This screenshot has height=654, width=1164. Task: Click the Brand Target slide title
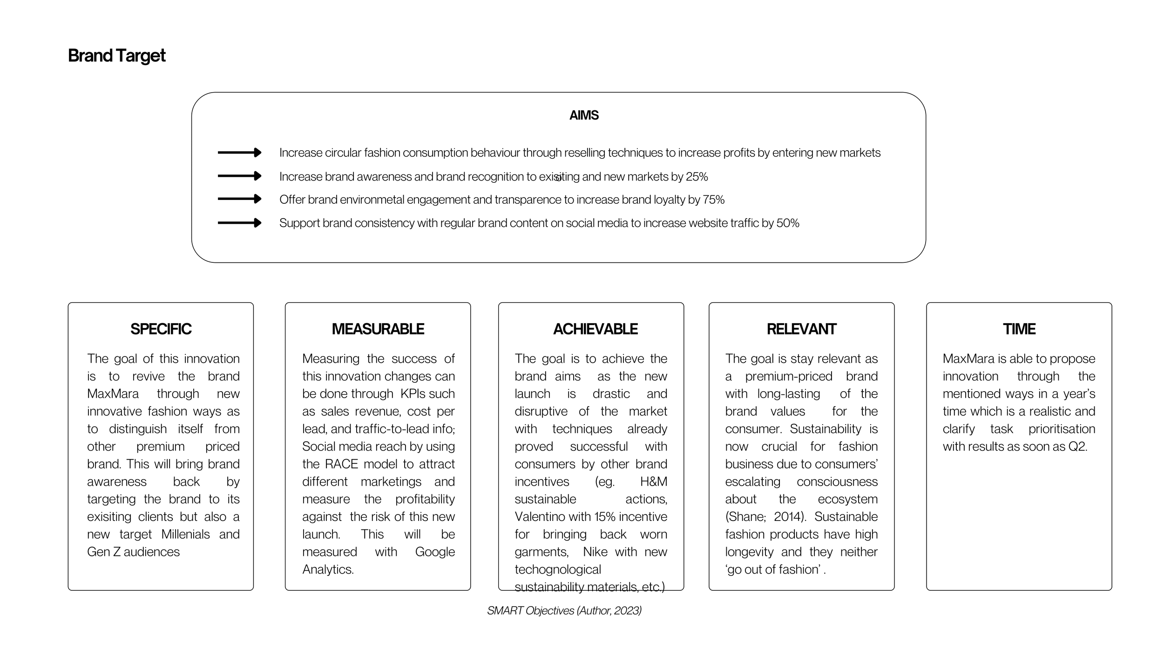coord(116,56)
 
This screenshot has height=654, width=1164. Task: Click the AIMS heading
coord(584,115)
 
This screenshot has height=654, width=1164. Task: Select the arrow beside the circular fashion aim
coord(239,153)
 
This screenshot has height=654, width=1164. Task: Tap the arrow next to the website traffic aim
coord(239,223)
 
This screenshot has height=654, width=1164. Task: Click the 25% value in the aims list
coord(697,177)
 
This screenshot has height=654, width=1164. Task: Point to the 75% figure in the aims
coord(713,200)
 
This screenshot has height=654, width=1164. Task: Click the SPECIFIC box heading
coord(161,329)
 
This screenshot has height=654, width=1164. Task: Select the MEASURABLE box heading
coord(378,329)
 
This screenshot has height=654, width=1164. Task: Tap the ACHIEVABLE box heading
coord(595,329)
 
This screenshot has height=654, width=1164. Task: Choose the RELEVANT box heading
coord(801,329)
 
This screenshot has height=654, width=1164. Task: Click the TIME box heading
coord(1019,329)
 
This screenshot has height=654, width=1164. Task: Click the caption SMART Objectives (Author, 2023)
coord(564,611)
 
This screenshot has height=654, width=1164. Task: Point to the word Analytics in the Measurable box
coord(328,569)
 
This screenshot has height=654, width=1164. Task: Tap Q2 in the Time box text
coord(1077,447)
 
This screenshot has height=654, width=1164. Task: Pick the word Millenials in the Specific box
coord(185,534)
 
